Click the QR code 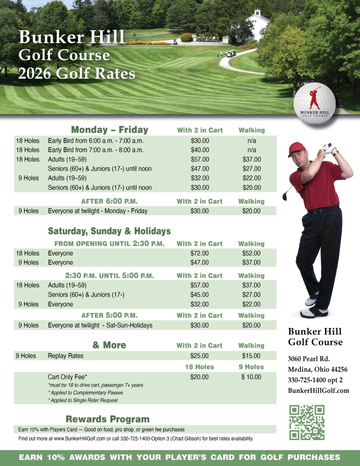(307, 422)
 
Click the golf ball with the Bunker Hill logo (314, 103)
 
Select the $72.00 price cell (199, 253)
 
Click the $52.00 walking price (251, 253)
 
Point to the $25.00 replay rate (199, 356)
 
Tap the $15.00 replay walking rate (251, 356)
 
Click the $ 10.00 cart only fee (251, 377)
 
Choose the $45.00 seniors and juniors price (199, 295)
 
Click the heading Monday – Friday (110, 130)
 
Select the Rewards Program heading (107, 419)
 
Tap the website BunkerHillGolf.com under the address (318, 390)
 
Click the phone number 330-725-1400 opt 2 (315, 379)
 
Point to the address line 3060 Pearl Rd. (309, 358)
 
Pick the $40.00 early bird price (200, 149)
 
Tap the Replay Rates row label (66, 356)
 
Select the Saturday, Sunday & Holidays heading (109, 231)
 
